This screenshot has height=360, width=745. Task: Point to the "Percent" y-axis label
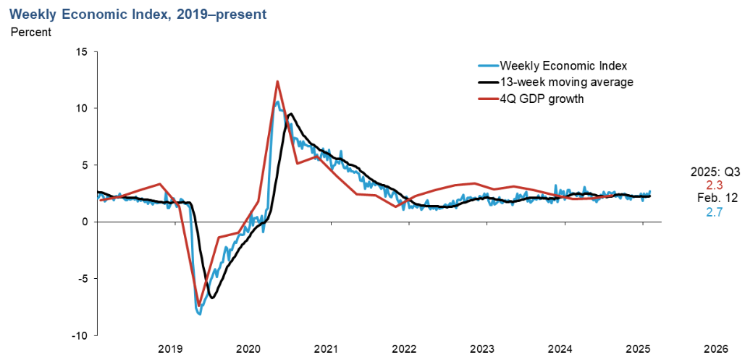tap(30, 32)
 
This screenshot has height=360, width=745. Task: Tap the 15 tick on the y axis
tap(81, 52)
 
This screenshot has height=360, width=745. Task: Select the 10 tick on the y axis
tap(81, 109)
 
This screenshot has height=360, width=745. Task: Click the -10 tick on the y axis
tap(79, 335)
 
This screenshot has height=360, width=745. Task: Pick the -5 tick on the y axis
tap(82, 279)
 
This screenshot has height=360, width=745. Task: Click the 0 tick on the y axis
tap(84, 222)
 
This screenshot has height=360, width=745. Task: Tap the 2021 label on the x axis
tap(327, 348)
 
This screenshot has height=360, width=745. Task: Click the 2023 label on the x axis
tap(482, 348)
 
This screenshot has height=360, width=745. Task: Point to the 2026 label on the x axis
tap(716, 348)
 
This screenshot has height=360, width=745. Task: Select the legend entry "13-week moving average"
tap(566, 83)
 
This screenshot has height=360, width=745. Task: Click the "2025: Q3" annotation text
tap(714, 172)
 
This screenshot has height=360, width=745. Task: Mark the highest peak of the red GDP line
tap(277, 81)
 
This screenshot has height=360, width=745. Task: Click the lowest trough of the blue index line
tap(199, 314)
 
